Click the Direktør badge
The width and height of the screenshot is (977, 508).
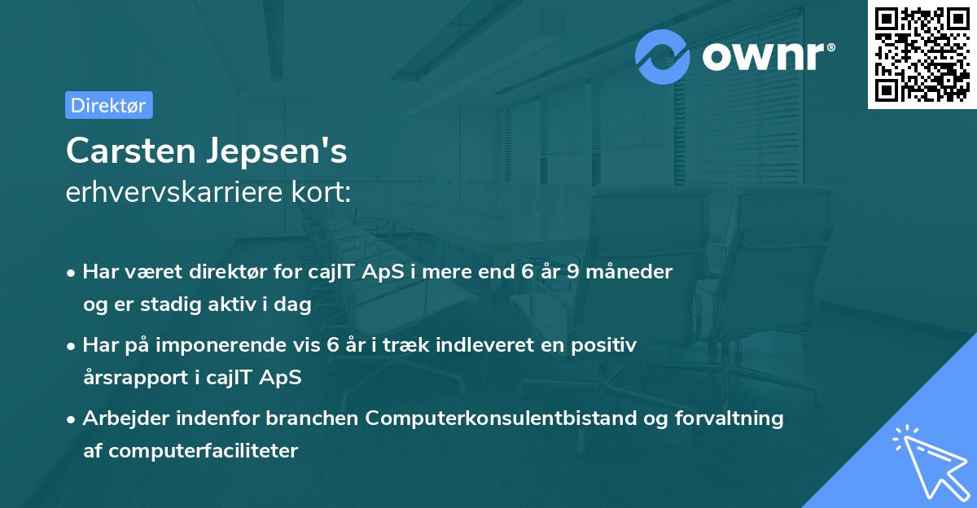point(108,105)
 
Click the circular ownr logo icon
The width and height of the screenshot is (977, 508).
point(663,57)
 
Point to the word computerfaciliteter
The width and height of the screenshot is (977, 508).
point(203,450)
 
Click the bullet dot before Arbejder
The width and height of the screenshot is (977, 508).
point(72,419)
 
